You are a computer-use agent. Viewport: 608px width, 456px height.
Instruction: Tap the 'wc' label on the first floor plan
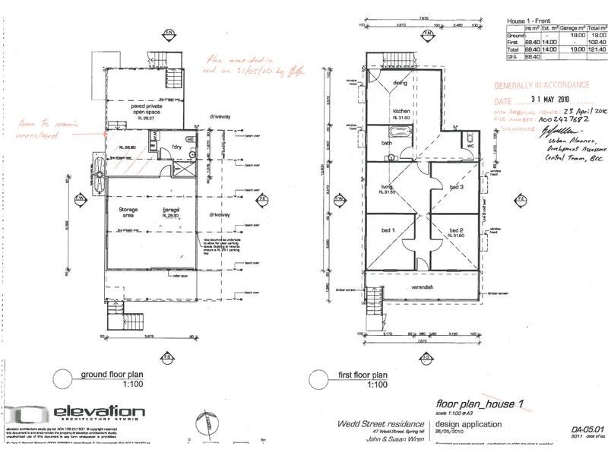pyautogui.click(x=470, y=145)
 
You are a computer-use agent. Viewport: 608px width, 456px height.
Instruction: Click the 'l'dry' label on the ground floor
pyautogui.click(x=177, y=147)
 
